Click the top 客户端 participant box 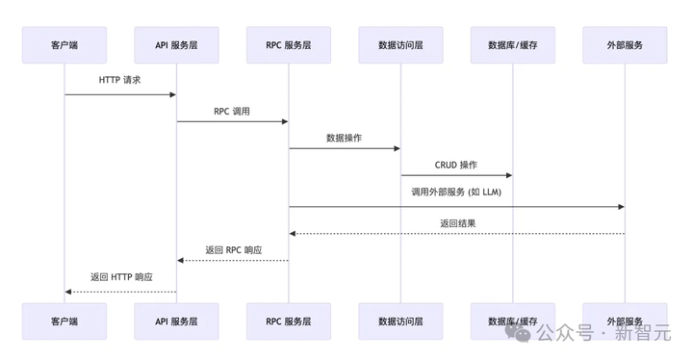pos(64,45)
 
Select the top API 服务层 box pos(176,45)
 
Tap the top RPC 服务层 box pos(289,45)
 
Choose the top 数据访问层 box pos(400,45)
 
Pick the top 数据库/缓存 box pos(513,45)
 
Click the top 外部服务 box pos(625,45)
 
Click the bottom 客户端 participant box pos(64,321)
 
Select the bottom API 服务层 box pos(176,321)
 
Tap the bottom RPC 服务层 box pos(289,321)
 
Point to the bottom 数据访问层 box pos(400,321)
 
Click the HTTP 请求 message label pos(120,81)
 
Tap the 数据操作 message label pos(345,138)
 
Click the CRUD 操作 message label pos(456,165)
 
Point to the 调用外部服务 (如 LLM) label pos(456,193)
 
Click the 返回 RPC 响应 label pos(233,249)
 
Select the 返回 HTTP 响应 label pos(121,277)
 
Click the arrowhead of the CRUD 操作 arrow pos(509,176)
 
